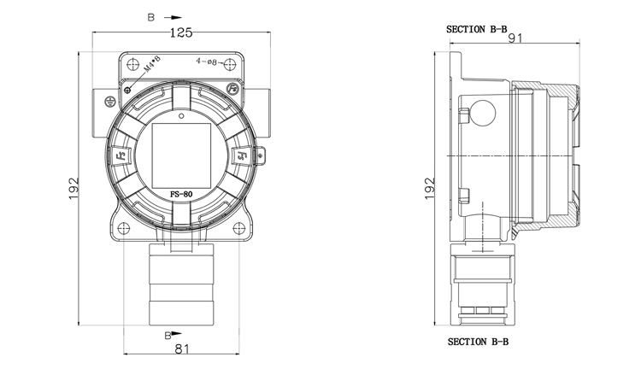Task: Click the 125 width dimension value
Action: (179, 32)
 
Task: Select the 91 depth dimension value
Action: (515, 38)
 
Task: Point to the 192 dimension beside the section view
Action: (431, 189)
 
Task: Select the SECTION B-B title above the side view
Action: (477, 28)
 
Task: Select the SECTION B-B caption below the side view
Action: (479, 342)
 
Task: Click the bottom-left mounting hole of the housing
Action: (126, 228)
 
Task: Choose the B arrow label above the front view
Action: (151, 16)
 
